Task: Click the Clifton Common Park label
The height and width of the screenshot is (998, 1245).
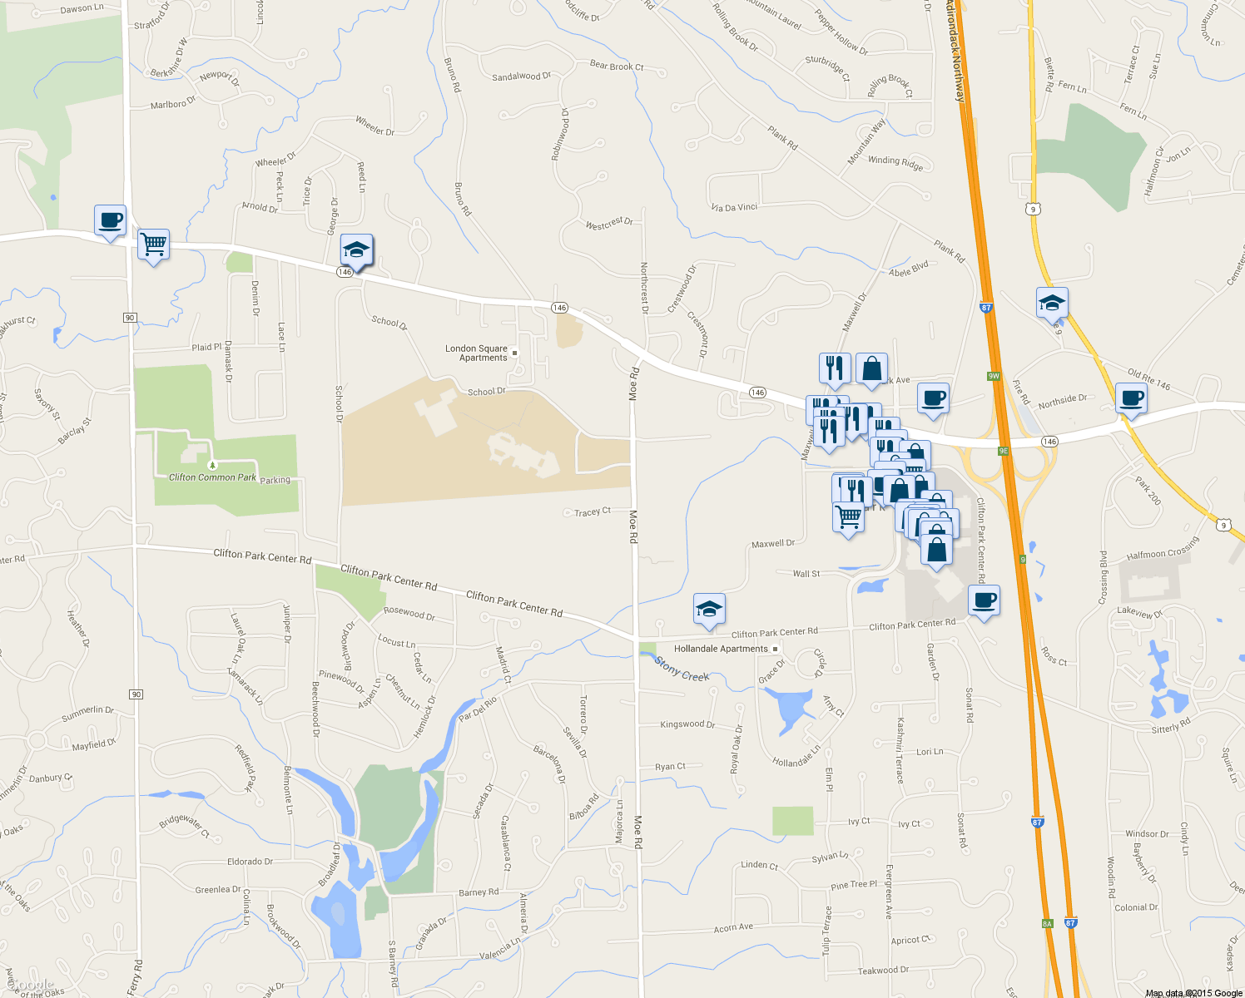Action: (x=212, y=477)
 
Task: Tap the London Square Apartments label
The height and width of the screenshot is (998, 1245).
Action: (x=476, y=353)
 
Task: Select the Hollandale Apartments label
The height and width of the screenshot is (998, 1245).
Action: (x=721, y=649)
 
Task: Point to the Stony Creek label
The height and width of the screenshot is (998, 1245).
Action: (x=682, y=669)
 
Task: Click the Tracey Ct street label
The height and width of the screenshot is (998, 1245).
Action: (x=592, y=512)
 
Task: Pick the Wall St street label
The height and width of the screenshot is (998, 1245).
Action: (x=806, y=574)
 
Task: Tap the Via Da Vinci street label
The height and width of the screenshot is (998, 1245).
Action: (x=734, y=207)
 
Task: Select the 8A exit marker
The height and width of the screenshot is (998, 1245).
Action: (x=1047, y=923)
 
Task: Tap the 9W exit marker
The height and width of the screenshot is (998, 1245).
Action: (x=993, y=376)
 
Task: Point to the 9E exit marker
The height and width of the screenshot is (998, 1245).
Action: (x=1003, y=451)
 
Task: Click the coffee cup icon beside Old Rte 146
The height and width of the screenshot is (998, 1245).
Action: (x=1131, y=398)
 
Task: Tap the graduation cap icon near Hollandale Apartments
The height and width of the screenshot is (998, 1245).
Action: (x=709, y=610)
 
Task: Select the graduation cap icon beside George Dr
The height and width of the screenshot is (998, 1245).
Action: (x=357, y=249)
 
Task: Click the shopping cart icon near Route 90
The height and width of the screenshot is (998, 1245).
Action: (x=153, y=245)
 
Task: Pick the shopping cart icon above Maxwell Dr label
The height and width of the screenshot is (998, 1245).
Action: (x=848, y=516)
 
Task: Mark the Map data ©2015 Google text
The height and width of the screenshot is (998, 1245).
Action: (x=1193, y=993)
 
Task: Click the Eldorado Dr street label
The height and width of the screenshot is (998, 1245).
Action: (x=250, y=862)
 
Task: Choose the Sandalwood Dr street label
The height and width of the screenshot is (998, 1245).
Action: (x=521, y=77)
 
